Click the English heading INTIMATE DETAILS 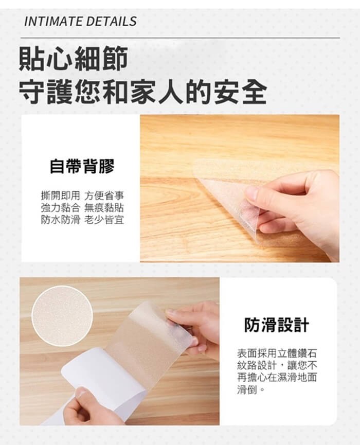click(x=80, y=21)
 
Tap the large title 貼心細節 click(x=73, y=59)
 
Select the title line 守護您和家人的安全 click(x=142, y=92)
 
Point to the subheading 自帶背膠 click(x=82, y=166)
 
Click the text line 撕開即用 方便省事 click(x=82, y=195)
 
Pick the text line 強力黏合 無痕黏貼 click(x=82, y=207)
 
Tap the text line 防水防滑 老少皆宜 click(x=82, y=220)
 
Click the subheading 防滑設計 click(x=276, y=325)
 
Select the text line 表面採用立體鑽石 click(x=277, y=353)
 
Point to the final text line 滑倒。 click(x=251, y=389)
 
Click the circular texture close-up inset click(x=62, y=316)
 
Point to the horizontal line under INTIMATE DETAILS click(x=180, y=38)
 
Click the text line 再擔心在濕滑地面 click(x=277, y=378)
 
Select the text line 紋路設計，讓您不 click(x=277, y=365)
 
